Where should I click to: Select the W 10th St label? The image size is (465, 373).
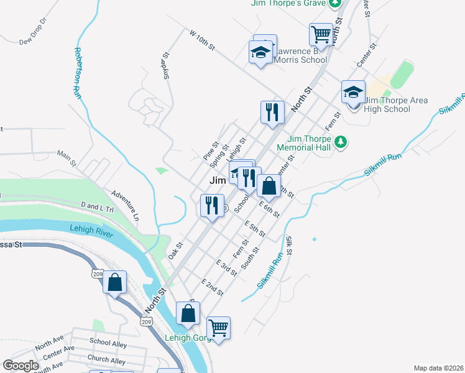[202, 43]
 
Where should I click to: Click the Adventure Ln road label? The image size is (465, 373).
[126, 206]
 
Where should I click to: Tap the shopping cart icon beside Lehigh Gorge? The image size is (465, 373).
[218, 327]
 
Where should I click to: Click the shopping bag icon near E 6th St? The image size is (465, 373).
[269, 185]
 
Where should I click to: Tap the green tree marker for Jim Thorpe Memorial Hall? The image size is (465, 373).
[340, 142]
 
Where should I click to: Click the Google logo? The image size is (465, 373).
[20, 366]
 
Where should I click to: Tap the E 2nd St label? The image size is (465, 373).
[212, 287]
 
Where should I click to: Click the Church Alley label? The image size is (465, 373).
[106, 360]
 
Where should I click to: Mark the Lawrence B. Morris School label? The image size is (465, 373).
[301, 55]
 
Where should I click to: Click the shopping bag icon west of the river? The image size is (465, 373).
[115, 282]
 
